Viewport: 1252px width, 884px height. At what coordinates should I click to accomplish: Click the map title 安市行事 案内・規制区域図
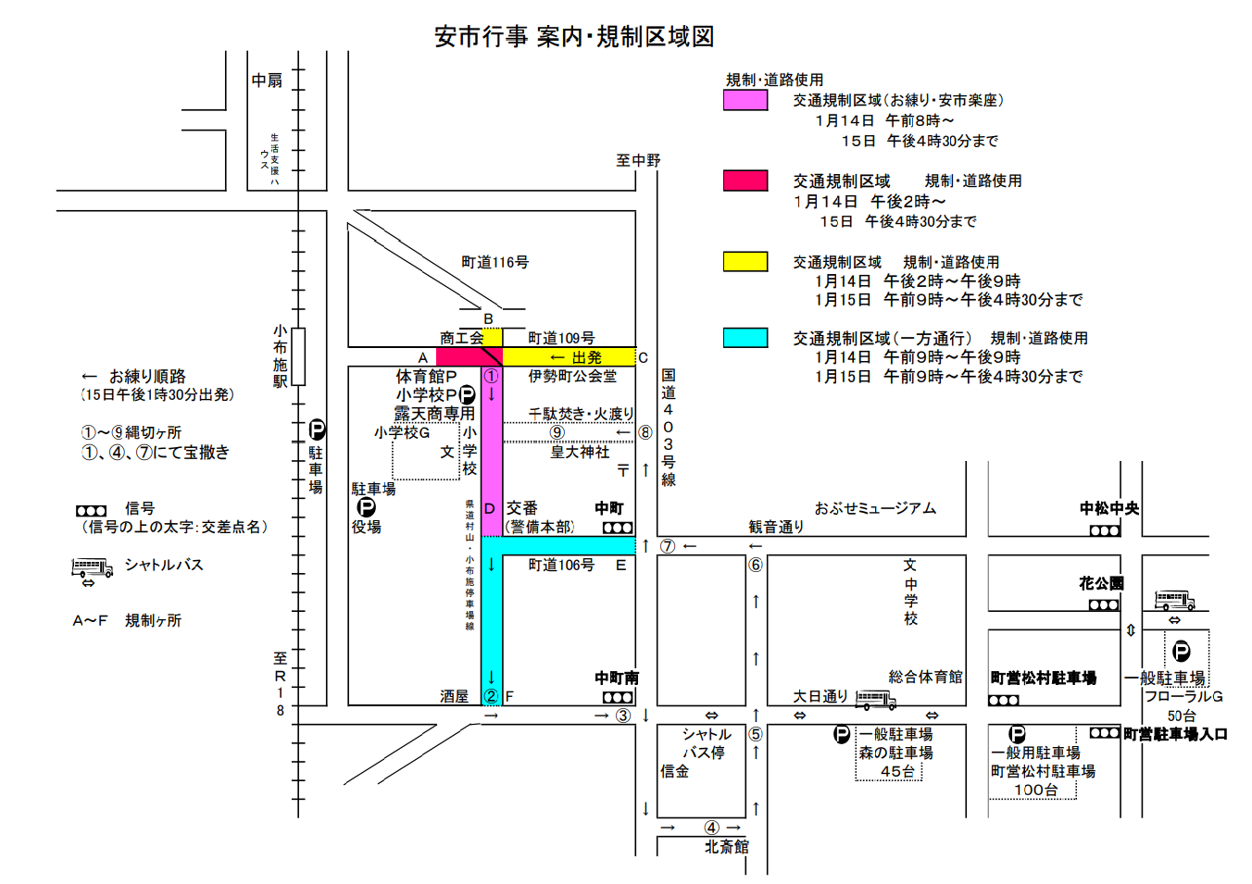[x=574, y=37]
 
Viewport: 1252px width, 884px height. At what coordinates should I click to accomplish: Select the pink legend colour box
[x=745, y=100]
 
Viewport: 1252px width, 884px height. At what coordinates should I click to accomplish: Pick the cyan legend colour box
[x=745, y=338]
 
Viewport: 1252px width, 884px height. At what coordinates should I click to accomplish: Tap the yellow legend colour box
[x=745, y=262]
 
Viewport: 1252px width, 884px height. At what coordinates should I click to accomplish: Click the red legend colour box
[x=745, y=181]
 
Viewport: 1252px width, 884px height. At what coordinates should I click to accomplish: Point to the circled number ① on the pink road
[x=491, y=377]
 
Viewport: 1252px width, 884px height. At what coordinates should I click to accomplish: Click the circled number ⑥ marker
[x=756, y=565]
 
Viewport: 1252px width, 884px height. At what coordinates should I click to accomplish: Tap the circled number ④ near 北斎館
[x=711, y=828]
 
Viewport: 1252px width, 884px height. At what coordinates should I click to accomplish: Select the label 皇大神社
[x=580, y=452]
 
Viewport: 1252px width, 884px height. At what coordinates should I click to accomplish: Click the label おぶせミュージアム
[x=875, y=508]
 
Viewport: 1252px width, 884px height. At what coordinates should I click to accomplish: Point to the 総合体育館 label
[x=925, y=677]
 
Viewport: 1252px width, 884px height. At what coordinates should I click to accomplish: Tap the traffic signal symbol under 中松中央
[x=1105, y=530]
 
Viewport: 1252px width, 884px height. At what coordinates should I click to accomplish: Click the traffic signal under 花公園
[x=1104, y=605]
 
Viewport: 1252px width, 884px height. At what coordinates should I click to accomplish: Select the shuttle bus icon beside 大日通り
[x=875, y=700]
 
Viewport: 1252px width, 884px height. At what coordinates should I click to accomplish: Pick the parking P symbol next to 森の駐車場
[x=842, y=734]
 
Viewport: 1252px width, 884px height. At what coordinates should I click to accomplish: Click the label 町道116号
[x=495, y=263]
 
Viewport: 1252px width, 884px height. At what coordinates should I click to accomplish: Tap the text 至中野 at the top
[x=638, y=160]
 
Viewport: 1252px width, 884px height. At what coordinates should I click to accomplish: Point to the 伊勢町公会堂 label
[x=572, y=376]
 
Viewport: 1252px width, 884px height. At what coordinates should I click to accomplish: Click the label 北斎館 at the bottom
[x=726, y=846]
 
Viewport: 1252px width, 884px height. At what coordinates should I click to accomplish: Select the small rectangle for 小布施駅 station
[x=298, y=356]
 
